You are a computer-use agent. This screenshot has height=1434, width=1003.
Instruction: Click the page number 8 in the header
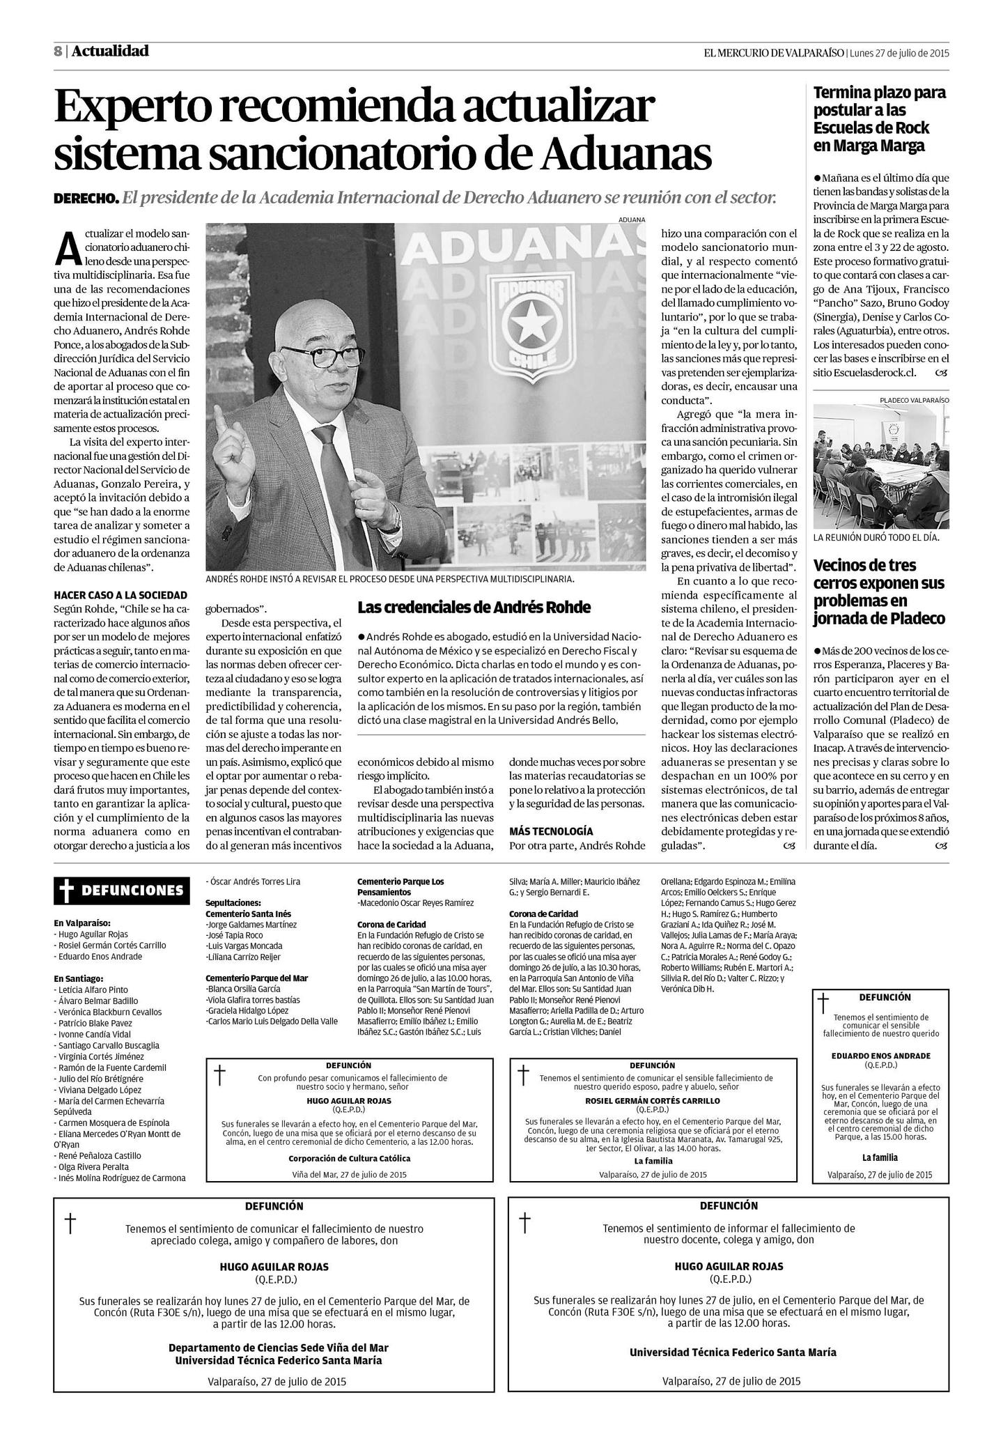point(58,52)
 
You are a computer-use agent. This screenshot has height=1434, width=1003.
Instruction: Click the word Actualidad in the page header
point(110,51)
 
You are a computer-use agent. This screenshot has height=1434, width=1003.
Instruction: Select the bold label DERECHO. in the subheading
point(86,199)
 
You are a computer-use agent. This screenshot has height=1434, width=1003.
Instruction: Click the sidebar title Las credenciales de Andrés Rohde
point(474,607)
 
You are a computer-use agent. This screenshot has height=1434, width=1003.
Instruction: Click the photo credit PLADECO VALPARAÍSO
point(914,400)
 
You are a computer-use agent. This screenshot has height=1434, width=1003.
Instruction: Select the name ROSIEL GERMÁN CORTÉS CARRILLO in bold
point(653,1100)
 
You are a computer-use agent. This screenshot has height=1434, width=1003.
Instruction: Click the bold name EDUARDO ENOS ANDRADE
point(880,1055)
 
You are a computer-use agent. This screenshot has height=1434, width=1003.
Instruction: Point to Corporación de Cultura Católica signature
point(349,1158)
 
